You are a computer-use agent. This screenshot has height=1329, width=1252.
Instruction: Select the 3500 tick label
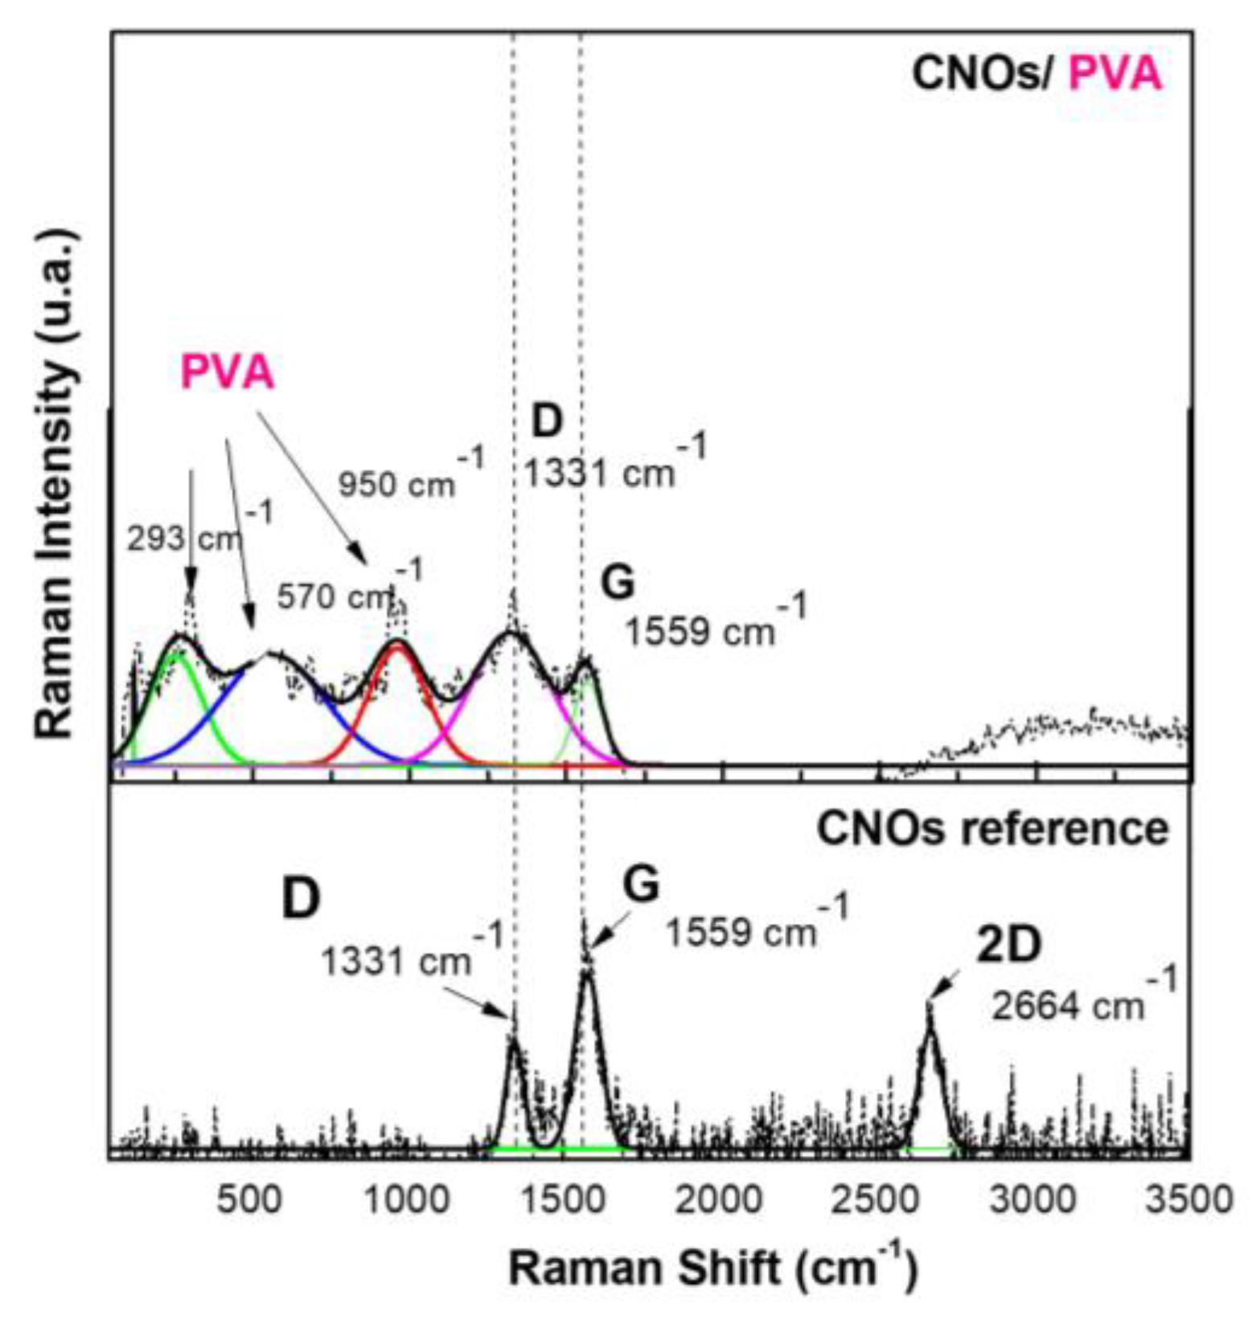(1188, 1200)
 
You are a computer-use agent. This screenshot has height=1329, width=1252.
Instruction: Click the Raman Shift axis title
(712, 1267)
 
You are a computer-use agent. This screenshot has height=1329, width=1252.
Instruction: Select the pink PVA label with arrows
(227, 372)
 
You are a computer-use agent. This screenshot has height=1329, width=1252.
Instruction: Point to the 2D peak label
(1008, 945)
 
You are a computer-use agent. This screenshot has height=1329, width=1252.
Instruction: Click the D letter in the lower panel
(301, 898)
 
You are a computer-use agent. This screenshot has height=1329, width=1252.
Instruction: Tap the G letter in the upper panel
(618, 582)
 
